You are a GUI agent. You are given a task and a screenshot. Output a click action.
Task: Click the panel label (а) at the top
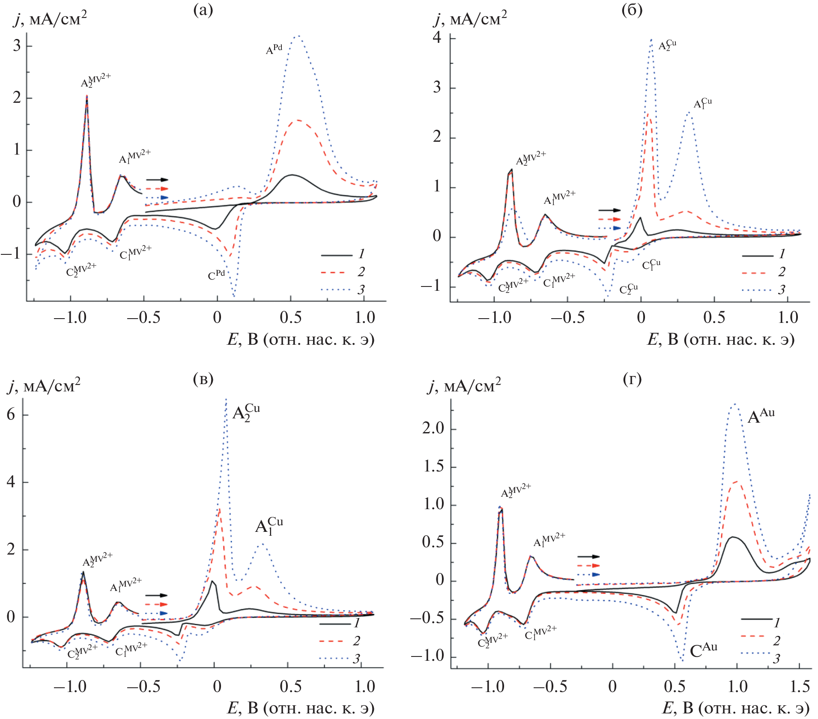pos(203,10)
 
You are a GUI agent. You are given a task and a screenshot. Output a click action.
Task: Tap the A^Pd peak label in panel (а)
pos(274,50)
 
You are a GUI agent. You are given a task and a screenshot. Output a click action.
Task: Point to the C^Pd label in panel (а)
pos(216,275)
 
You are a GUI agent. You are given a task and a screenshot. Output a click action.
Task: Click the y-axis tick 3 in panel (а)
pos(17,45)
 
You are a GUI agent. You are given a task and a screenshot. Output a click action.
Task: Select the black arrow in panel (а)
pos(157,180)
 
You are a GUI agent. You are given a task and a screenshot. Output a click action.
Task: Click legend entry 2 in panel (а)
pos(361,271)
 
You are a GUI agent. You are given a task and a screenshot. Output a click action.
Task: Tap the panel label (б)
pos(632,10)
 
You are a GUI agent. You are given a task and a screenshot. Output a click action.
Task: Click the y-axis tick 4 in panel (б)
pos(437,38)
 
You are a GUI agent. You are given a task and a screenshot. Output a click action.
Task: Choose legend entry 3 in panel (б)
pos(782,289)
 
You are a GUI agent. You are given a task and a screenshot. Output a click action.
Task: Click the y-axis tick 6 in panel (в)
pos(11,415)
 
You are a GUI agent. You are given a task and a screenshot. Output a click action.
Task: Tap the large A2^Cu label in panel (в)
pos(246,413)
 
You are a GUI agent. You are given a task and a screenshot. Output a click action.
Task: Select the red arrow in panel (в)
pos(156,604)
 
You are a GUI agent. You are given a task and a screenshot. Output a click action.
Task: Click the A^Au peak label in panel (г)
pos(761,415)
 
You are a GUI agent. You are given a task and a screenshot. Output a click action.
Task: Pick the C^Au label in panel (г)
pos(703,650)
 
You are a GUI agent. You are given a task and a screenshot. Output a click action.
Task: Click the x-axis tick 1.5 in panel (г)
pos(799,686)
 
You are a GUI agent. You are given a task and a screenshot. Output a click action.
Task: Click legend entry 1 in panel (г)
pos(776,623)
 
